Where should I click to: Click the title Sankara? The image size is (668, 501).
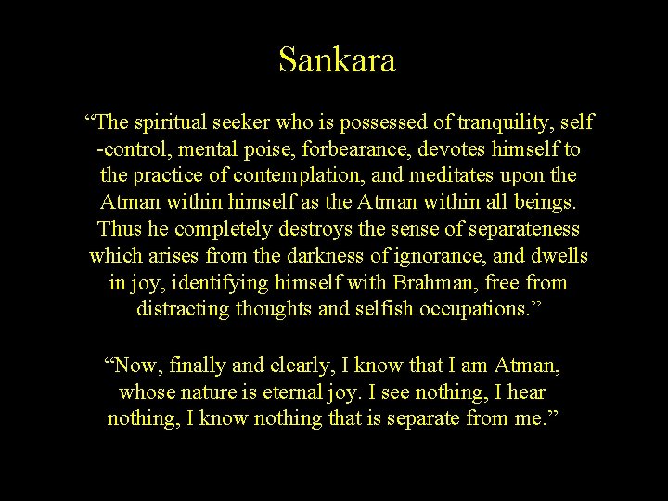337,61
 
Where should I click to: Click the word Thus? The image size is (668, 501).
119,228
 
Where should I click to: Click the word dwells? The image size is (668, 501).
557,254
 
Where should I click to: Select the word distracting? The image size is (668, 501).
183,308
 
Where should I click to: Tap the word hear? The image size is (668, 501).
539,392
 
